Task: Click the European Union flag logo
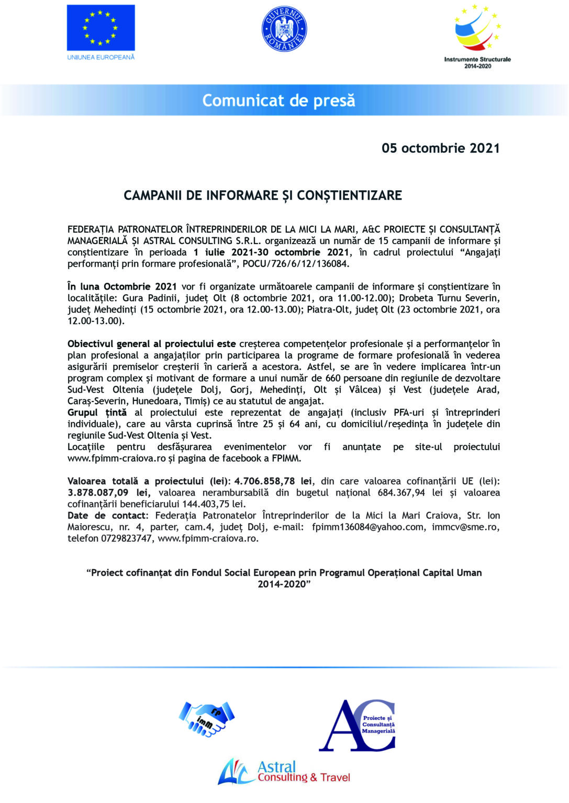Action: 101,28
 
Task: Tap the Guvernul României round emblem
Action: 284,29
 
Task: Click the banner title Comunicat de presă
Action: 278,100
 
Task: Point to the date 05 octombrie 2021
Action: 440,148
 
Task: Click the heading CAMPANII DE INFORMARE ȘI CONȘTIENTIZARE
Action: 263,196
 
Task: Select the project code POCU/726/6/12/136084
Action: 296,264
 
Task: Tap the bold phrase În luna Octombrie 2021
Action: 122,286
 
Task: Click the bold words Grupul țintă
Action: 97,412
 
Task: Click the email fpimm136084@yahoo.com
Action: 367,527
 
